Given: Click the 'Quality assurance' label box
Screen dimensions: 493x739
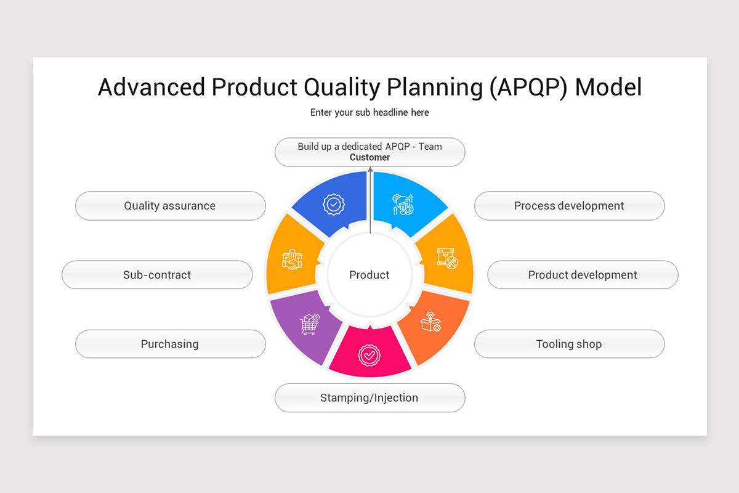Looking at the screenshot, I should coord(170,206).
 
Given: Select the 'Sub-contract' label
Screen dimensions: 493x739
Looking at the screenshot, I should coord(157,275).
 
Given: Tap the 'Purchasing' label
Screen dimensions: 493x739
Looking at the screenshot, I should coord(170,344).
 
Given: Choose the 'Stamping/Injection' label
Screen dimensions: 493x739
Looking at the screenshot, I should coord(369,398).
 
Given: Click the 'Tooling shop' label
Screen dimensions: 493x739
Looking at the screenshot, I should coord(569,344).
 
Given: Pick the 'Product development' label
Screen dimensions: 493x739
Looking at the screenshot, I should coord(583,275).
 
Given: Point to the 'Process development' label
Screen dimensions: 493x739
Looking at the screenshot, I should coord(569,206).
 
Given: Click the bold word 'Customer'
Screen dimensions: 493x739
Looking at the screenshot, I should coord(369,158).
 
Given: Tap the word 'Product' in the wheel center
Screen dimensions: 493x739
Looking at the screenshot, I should coord(369,275).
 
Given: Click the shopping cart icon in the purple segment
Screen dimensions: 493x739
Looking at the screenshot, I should coord(309,324).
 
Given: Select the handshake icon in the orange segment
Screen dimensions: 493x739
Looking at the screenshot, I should coord(292,259).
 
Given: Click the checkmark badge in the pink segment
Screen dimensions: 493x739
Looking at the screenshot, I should coord(369,356).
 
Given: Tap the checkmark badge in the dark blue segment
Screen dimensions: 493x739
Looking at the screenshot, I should coord(333,204).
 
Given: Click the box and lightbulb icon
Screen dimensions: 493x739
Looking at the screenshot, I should coord(430,322).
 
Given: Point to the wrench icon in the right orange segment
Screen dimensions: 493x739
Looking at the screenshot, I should coord(448,258).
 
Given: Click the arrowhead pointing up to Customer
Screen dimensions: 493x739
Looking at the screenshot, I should coord(370,169).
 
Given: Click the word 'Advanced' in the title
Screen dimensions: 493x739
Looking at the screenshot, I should coord(151,88).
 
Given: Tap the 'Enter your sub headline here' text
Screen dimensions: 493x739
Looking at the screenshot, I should coord(369,112).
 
